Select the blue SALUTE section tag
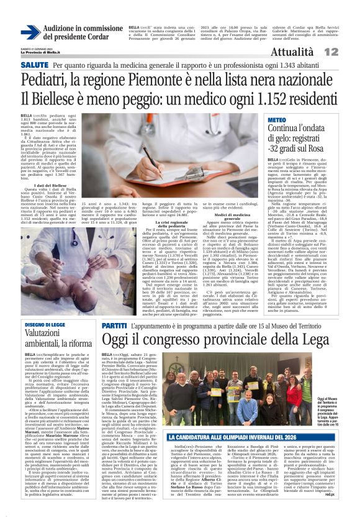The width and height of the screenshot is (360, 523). [34, 65]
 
